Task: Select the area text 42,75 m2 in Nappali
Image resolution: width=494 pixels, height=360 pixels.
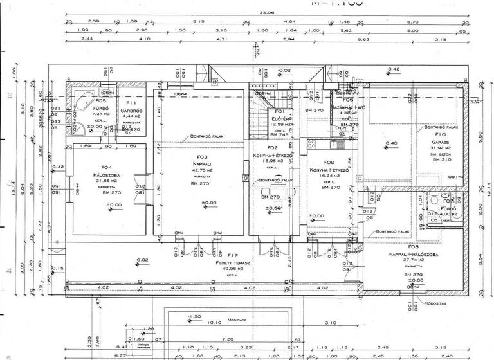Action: coord(203,168)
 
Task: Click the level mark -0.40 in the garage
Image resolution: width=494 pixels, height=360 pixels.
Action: coord(390,143)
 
